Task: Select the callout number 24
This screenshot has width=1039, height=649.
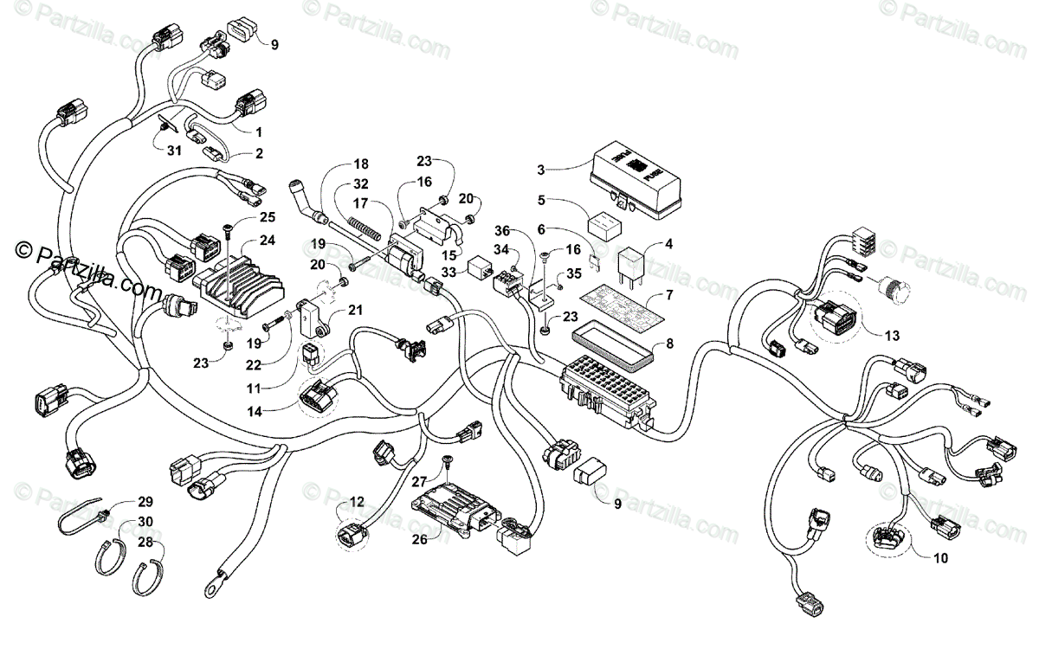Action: coord(268,241)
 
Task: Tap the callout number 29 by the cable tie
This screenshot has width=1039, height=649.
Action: coord(145,502)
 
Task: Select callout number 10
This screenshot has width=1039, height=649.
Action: coord(939,558)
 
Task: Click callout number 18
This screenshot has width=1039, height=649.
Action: coord(361,164)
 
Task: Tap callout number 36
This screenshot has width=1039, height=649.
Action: coord(502,232)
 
